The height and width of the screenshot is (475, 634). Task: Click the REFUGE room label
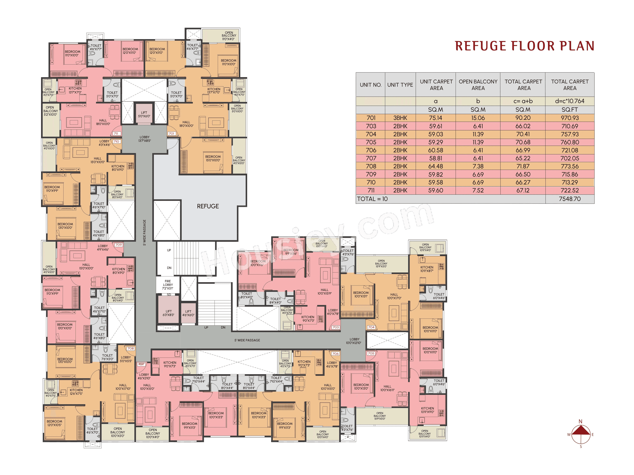[x=208, y=206]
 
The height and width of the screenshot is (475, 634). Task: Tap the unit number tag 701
[x=171, y=133]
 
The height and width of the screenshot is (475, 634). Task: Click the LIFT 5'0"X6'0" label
[x=144, y=114]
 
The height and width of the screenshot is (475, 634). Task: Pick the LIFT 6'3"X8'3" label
[x=169, y=313]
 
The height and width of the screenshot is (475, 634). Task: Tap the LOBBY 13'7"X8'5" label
[x=144, y=139]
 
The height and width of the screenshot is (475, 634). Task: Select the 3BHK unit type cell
[x=400, y=118]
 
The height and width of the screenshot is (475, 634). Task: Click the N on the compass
[x=580, y=421]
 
